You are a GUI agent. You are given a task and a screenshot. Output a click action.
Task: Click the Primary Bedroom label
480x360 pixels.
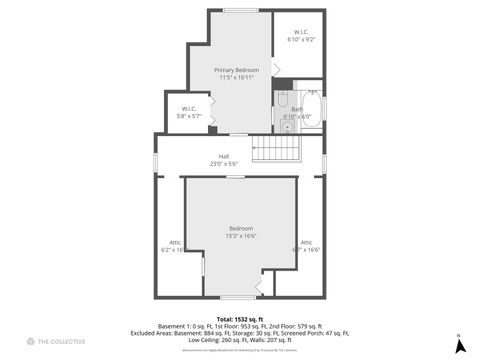coord(236,69)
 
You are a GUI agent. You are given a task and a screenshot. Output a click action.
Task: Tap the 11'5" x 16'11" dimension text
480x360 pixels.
coord(236,77)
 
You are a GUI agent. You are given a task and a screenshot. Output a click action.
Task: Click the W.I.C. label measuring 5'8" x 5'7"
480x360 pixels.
coord(188,108)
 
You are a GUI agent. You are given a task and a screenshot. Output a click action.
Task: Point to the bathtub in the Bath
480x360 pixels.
coord(312,107)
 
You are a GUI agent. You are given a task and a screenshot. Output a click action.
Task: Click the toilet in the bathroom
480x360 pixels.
coord(283,100)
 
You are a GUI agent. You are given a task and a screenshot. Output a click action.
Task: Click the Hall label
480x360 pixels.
coord(225,156)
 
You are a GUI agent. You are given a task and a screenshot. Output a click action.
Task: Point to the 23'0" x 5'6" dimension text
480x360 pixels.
coord(225,164)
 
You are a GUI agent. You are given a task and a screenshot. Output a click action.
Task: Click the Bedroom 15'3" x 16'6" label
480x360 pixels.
coord(241,228)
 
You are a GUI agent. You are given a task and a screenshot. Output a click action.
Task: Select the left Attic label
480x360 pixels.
coord(174,242)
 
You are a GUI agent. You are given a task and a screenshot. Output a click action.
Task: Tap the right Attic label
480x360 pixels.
coord(307,242)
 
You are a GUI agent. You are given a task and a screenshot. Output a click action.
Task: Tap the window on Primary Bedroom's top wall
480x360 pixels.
coord(240,11)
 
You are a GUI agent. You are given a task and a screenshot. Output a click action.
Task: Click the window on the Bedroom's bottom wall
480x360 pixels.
coord(238,297)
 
